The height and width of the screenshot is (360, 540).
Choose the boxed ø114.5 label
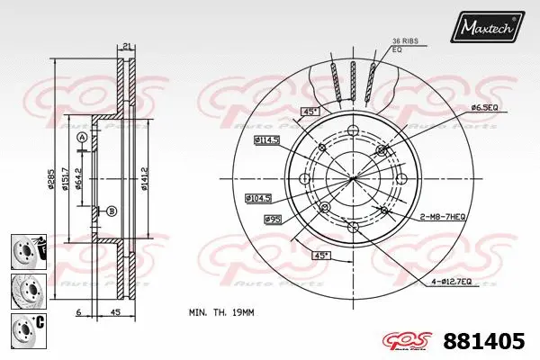[x=267, y=141]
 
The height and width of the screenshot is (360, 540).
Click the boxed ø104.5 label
[x=260, y=197]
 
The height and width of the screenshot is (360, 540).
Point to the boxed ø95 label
[x=273, y=219]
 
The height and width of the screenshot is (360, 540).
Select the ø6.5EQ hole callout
[x=483, y=108]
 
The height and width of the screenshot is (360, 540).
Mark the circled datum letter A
[x=83, y=137]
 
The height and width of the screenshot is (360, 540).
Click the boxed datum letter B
[x=112, y=211]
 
